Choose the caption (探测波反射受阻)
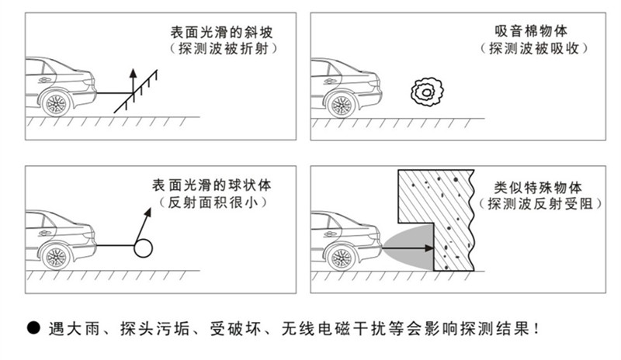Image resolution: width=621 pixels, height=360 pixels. click(537, 204)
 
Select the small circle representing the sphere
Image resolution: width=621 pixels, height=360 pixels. click(144, 247)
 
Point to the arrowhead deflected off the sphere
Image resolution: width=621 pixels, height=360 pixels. click(147, 212)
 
